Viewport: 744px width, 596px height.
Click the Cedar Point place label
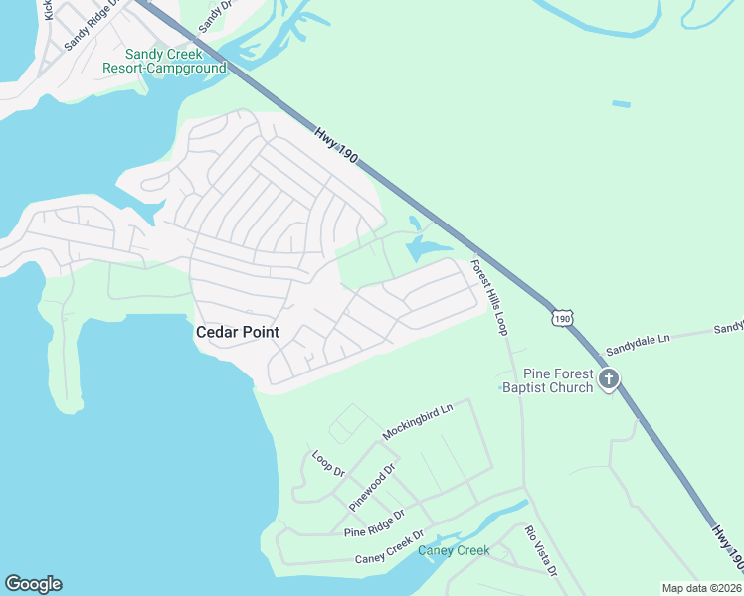pyautogui.click(x=236, y=332)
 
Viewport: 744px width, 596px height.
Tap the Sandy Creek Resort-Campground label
pyautogui.click(x=164, y=61)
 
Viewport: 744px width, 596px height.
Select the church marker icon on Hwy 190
pyautogui.click(x=609, y=379)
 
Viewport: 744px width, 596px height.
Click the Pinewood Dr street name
pyautogui.click(x=373, y=486)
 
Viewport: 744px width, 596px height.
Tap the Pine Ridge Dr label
pyautogui.click(x=374, y=524)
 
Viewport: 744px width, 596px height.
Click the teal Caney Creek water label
pyautogui.click(x=454, y=550)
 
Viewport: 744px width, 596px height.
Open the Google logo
pyautogui.click(x=33, y=584)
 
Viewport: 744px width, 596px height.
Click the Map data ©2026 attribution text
pyautogui.click(x=701, y=588)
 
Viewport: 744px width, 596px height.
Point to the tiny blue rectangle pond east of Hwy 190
pyautogui.click(x=621, y=103)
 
